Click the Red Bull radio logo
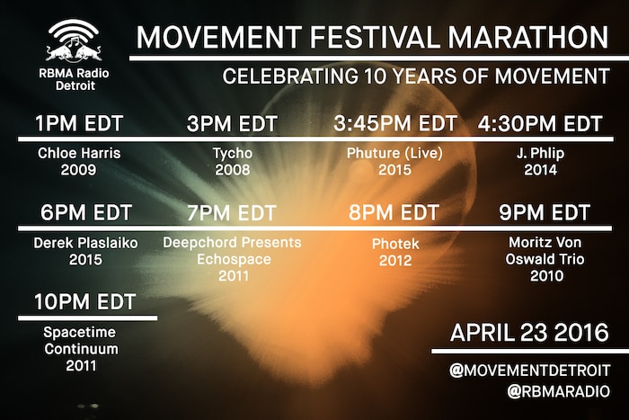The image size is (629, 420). pyautogui.click(x=74, y=41)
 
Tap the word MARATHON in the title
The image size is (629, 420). pyautogui.click(x=528, y=38)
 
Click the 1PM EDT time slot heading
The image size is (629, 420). pyautogui.click(x=79, y=123)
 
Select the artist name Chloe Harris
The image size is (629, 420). pyautogui.click(x=79, y=153)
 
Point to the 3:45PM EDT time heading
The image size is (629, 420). pyautogui.click(x=395, y=123)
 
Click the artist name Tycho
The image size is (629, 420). pyautogui.click(x=233, y=154)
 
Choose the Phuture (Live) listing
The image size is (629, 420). pyautogui.click(x=394, y=154)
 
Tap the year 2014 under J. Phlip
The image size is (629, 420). pyautogui.click(x=540, y=170)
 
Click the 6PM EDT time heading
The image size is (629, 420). pyautogui.click(x=86, y=212)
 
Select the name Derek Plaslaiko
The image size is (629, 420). pyautogui.click(x=86, y=243)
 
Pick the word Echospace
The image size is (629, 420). pyautogui.click(x=234, y=259)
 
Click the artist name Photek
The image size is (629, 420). pyautogui.click(x=395, y=244)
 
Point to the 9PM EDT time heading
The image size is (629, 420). pyautogui.click(x=545, y=212)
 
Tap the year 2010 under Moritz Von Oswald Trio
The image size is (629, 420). pyautogui.click(x=546, y=276)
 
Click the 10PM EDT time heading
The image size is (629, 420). pyautogui.click(x=84, y=301)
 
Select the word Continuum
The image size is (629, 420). pyautogui.click(x=82, y=349)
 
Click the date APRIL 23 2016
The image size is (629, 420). pyautogui.click(x=529, y=333)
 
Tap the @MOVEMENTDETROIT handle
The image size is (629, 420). pyautogui.click(x=529, y=371)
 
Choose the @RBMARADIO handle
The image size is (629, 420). pyautogui.click(x=558, y=391)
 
